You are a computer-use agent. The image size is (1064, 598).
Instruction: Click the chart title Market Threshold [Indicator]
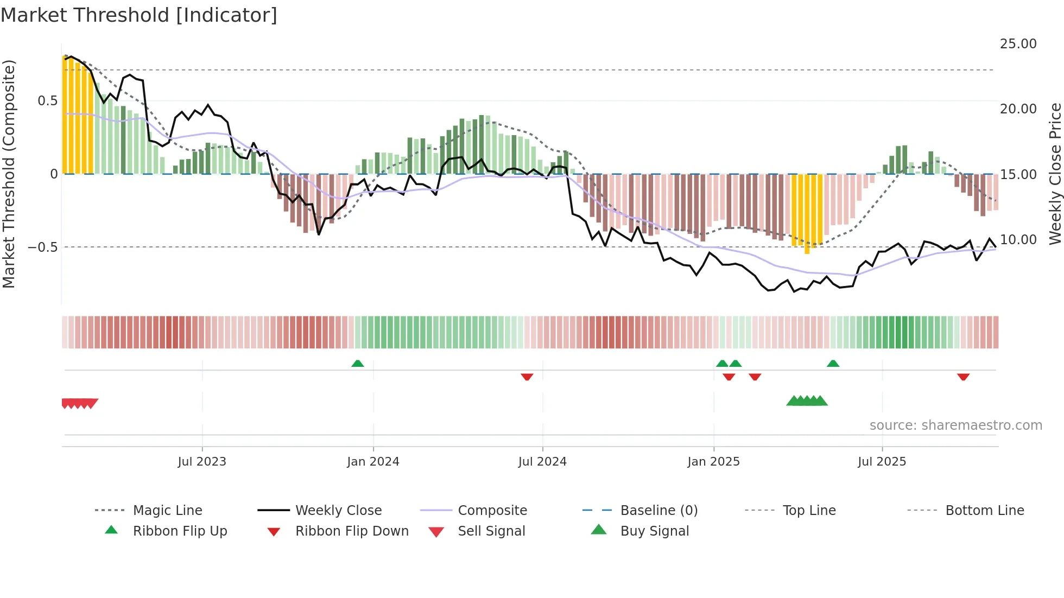point(139,15)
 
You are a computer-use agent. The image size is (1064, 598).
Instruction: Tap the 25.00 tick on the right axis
point(1018,44)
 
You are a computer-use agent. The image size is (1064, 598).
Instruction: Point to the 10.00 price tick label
point(1018,240)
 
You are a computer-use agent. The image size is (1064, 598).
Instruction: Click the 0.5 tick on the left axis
point(47,101)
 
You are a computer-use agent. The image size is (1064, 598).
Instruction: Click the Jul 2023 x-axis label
point(202,462)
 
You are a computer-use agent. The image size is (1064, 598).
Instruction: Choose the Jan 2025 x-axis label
point(713,462)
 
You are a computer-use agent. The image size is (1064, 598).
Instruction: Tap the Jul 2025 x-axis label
point(882,462)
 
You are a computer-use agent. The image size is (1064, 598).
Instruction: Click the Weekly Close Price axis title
point(1055,174)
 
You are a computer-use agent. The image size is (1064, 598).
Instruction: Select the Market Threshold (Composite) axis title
point(9,174)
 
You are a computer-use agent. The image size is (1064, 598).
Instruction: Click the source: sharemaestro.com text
point(955,425)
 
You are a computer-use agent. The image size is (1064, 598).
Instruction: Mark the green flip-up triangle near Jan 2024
point(357,364)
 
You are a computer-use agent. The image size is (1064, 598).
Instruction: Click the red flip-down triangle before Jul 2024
point(527,377)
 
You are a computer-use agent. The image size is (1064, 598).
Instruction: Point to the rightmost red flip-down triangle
point(963,377)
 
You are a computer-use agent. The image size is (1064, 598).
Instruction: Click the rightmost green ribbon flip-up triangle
point(833,364)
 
